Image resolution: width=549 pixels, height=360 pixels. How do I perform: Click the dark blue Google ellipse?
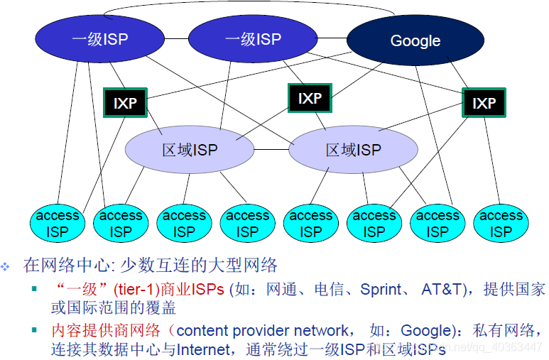point(415,40)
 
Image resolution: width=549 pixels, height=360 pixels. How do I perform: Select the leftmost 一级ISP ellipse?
point(100,39)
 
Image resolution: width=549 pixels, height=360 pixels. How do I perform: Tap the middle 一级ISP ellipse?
point(253,39)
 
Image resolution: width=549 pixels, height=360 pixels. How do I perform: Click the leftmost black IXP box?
point(124,104)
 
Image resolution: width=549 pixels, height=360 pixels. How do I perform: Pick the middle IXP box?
point(310,99)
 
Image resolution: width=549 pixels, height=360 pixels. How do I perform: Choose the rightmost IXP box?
point(484,104)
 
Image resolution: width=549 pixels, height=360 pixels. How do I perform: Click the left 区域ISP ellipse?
point(189,150)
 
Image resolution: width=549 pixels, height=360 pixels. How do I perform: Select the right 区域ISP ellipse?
point(353,150)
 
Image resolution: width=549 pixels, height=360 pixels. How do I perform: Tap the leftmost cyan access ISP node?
point(58,223)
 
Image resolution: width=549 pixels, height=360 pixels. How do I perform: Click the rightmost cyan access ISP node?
point(501,223)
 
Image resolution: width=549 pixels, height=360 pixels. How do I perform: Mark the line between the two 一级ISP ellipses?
point(177,39)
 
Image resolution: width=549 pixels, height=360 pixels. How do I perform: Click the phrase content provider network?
point(262,331)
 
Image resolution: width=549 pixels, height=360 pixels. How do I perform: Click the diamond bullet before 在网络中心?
point(6,267)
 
